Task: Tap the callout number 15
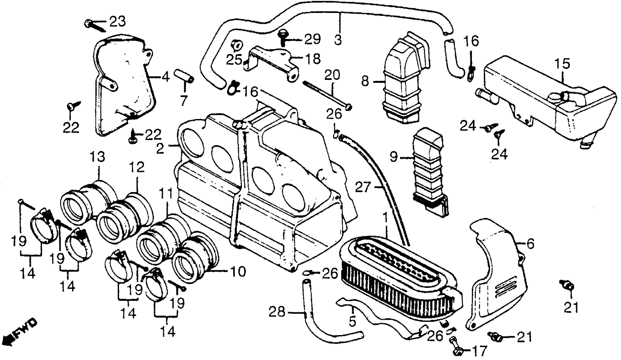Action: [x=562, y=64]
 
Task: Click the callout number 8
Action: [x=365, y=81]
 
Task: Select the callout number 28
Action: [x=277, y=312]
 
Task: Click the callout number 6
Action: [x=530, y=244]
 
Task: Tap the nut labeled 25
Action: [x=236, y=44]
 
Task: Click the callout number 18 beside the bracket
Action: [x=311, y=58]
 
